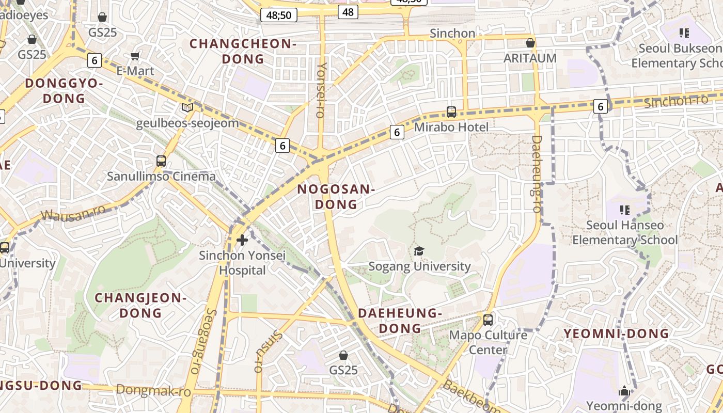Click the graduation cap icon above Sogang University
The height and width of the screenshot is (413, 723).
tap(419, 251)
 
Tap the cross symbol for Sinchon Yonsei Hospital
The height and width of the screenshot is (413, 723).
tap(242, 240)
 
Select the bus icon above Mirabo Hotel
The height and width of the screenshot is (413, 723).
tap(451, 112)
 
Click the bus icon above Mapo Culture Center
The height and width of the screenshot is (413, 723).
tap(488, 320)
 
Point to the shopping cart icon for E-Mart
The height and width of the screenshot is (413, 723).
tap(135, 56)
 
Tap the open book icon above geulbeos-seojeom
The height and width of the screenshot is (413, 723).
tap(187, 108)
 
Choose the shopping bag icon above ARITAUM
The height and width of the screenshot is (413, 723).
tap(530, 43)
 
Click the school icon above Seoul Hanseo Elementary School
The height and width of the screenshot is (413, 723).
tap(625, 210)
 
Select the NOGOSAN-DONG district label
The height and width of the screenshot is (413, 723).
tap(336, 197)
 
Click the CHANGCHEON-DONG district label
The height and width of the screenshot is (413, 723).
tap(243, 51)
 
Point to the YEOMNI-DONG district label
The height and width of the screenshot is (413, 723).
tap(616, 333)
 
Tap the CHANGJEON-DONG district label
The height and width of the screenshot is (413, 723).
tap(140, 305)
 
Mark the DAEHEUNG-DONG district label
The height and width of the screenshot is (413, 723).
tap(400, 321)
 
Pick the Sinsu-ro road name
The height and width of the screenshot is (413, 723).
tap(268, 351)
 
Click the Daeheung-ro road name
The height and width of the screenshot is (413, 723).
tap(537, 174)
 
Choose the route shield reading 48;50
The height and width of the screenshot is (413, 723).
tap(279, 15)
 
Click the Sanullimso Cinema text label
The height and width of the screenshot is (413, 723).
tap(161, 176)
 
